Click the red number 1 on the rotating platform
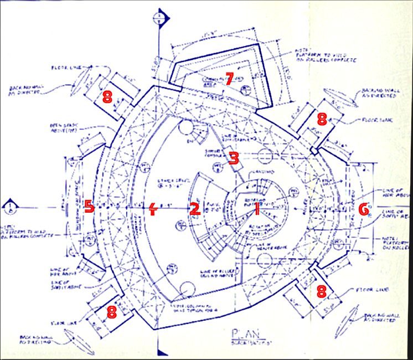(257, 208)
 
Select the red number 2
(194, 209)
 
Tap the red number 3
(234, 158)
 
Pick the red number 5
(89, 207)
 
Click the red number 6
(363, 209)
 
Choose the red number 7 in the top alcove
(230, 78)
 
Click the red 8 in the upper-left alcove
(107, 97)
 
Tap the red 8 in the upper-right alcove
(322, 118)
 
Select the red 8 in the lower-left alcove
(112, 311)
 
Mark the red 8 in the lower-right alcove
(321, 292)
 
